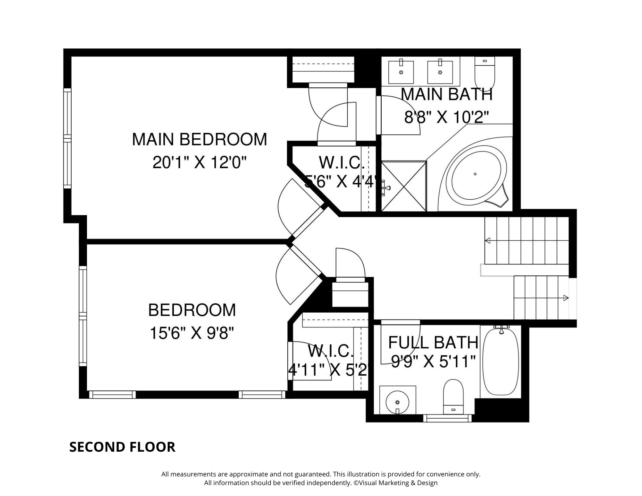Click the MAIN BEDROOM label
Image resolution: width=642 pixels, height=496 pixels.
[x=199, y=139]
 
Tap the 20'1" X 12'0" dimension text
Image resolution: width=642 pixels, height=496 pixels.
[x=199, y=163]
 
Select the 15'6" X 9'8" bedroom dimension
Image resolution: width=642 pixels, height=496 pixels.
[x=192, y=334]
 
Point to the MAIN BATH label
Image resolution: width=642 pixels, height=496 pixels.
[x=447, y=94]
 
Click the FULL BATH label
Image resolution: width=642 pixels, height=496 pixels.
[x=433, y=343]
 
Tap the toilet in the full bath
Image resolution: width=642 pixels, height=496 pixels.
[x=453, y=397]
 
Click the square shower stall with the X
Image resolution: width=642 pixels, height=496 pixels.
[x=404, y=186]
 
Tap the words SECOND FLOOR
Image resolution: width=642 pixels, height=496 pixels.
[x=122, y=447]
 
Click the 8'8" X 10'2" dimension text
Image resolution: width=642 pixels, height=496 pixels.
[x=446, y=117]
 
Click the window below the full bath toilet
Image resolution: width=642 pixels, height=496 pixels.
[x=447, y=418]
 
